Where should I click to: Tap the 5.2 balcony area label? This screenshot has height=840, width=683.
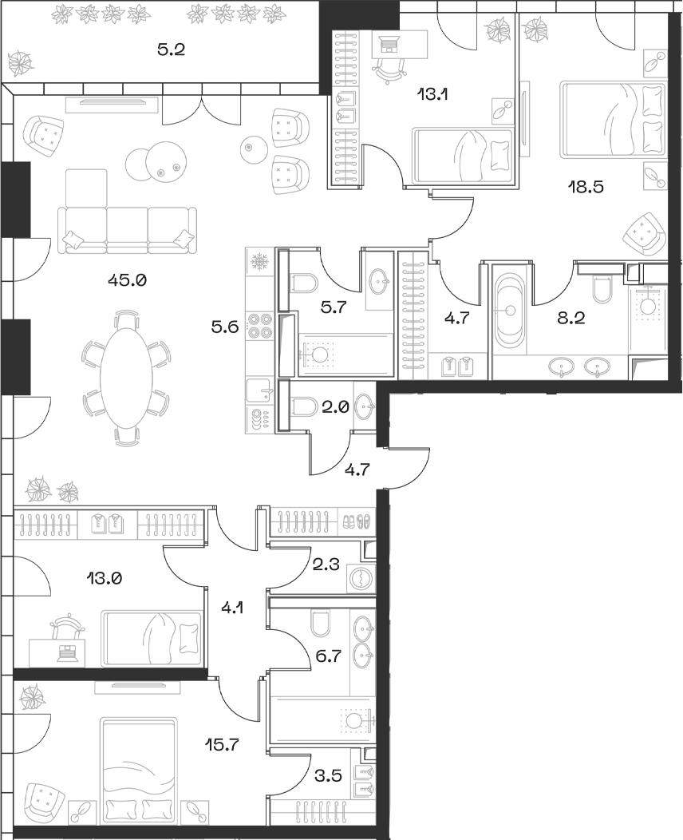171,50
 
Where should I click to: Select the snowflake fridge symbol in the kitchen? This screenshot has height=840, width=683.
259,261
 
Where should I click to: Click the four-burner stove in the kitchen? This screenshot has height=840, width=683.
260,326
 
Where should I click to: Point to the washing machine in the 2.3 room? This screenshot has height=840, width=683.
361,579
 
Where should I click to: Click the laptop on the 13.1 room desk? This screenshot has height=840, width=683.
389,46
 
